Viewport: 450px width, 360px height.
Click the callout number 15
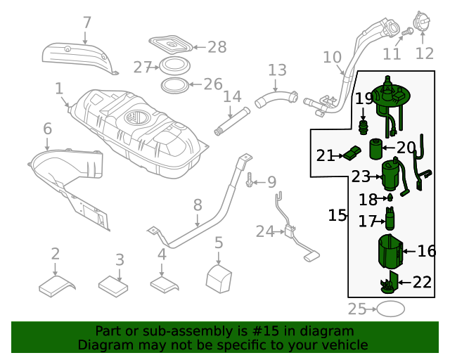[337, 215]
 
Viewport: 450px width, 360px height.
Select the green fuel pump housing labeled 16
[390, 252]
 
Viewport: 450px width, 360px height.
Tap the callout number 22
[422, 282]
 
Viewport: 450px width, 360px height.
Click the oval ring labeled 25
[391, 309]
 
